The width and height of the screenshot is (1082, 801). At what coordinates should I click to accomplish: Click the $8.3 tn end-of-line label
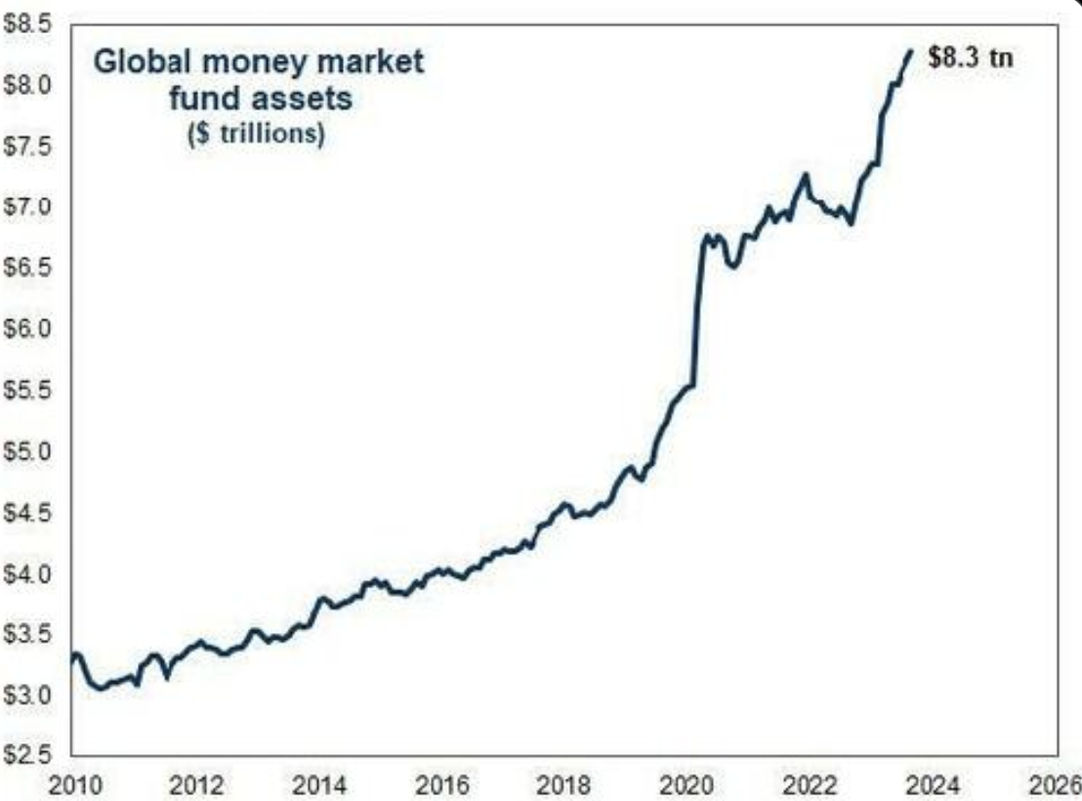pos(971,58)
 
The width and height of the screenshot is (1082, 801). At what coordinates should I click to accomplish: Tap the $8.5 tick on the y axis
pos(23,25)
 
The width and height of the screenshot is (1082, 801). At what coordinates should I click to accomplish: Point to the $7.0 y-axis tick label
pos(23,208)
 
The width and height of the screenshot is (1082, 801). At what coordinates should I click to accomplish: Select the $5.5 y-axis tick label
pos(23,391)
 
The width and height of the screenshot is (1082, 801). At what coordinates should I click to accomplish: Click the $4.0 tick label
pos(23,574)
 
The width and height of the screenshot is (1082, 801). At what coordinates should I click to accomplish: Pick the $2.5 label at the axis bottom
pos(23,754)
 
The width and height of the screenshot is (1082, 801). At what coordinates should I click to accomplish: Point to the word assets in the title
pos(307,99)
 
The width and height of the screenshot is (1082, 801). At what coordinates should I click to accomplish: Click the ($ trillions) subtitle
pos(255,135)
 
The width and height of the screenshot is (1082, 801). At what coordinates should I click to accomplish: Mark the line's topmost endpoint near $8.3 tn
pos(910,52)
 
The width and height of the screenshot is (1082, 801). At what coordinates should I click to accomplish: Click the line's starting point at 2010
pos(73,658)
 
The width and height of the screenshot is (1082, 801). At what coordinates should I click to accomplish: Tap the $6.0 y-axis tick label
pos(23,329)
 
